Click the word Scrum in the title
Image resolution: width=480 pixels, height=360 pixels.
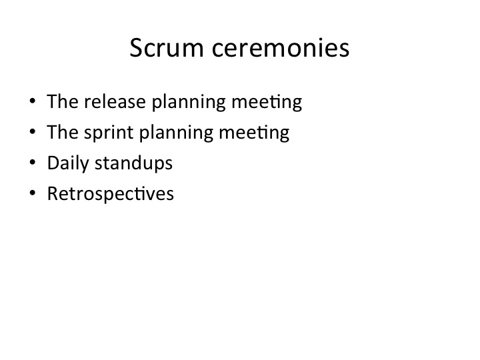167,48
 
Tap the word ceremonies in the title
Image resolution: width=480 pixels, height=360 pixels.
281,49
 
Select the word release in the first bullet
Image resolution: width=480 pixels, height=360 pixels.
115,101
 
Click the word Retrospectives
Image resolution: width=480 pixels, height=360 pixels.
111,193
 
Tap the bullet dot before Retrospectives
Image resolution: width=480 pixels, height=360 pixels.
33,193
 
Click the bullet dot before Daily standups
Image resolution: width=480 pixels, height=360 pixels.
33,162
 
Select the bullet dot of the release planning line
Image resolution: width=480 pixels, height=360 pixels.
33,101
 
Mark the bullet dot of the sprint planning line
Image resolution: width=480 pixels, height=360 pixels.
33,131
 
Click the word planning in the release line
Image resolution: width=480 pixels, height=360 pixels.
189,102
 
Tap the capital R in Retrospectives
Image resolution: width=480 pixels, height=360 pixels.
53,193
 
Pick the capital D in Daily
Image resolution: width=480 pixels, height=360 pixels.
54,163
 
